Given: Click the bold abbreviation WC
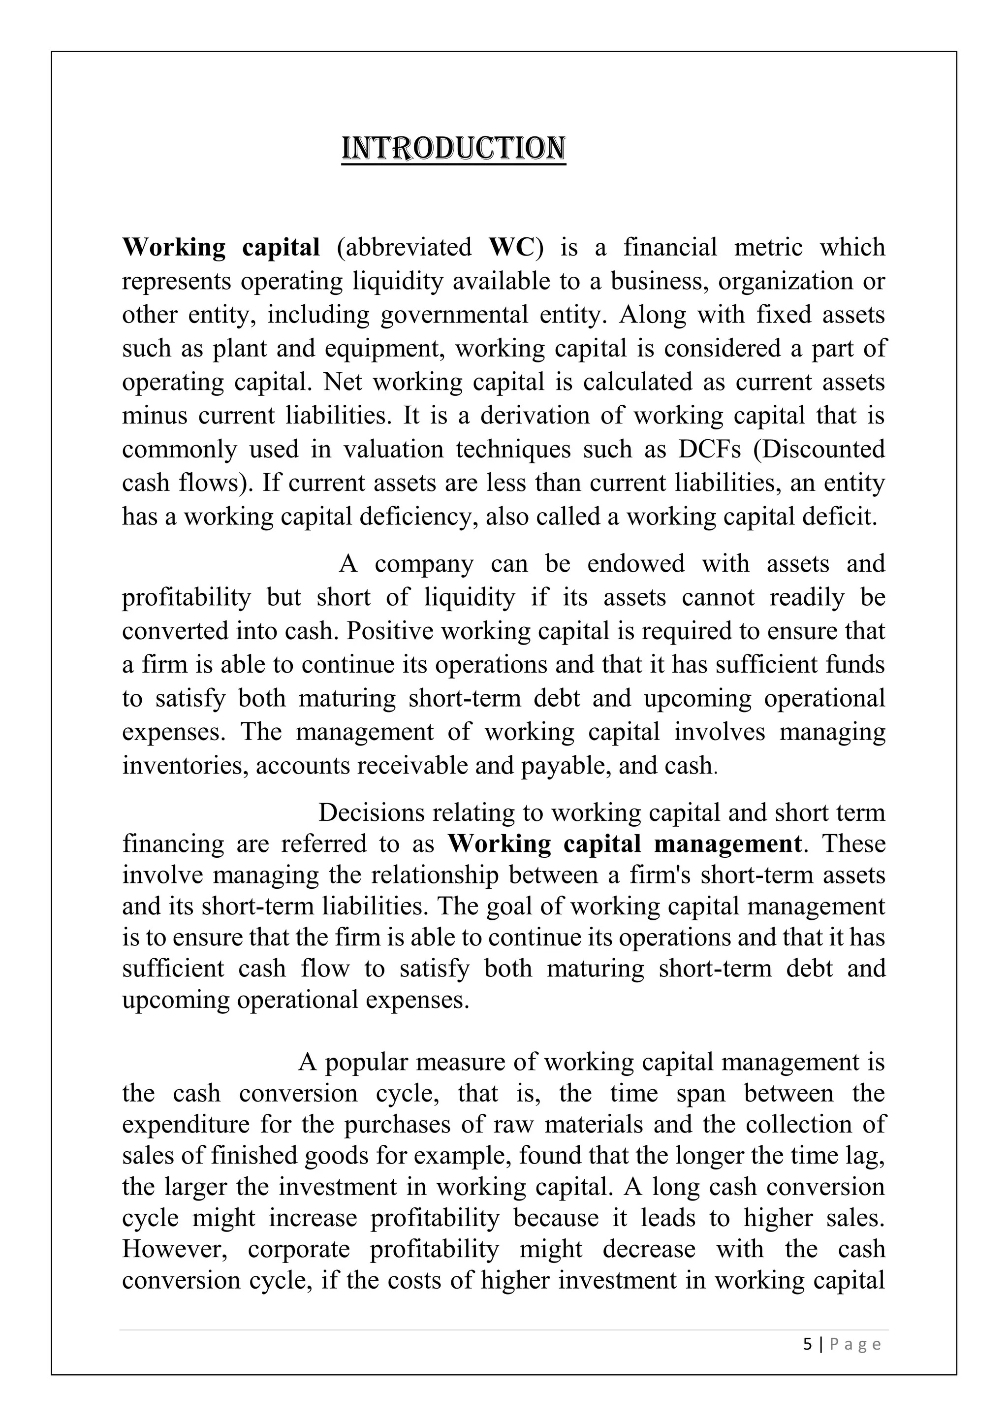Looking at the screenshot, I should tap(511, 247).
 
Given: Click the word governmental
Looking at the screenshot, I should tap(452, 315).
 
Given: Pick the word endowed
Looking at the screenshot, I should tap(635, 564).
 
